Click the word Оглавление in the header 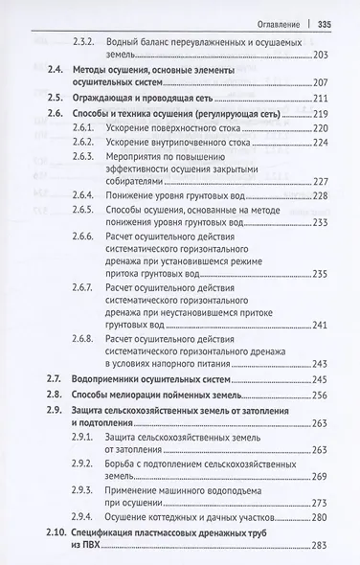point(276,24)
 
